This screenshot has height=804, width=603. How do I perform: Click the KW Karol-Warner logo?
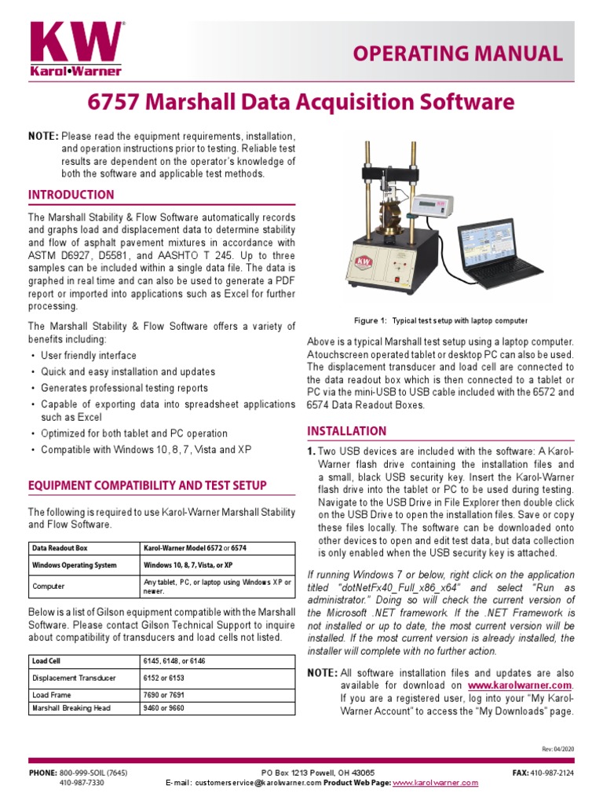75,49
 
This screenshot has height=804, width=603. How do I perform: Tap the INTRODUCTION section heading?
71,195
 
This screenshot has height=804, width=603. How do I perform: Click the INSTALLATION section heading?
346,430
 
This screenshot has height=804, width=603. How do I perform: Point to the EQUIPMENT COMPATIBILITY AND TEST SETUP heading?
148,485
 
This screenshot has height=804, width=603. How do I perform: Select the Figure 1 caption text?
440,320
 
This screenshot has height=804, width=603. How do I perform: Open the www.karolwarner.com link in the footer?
435,783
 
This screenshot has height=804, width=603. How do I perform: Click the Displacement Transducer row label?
74,678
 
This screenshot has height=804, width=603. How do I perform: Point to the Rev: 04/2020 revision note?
557,749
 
